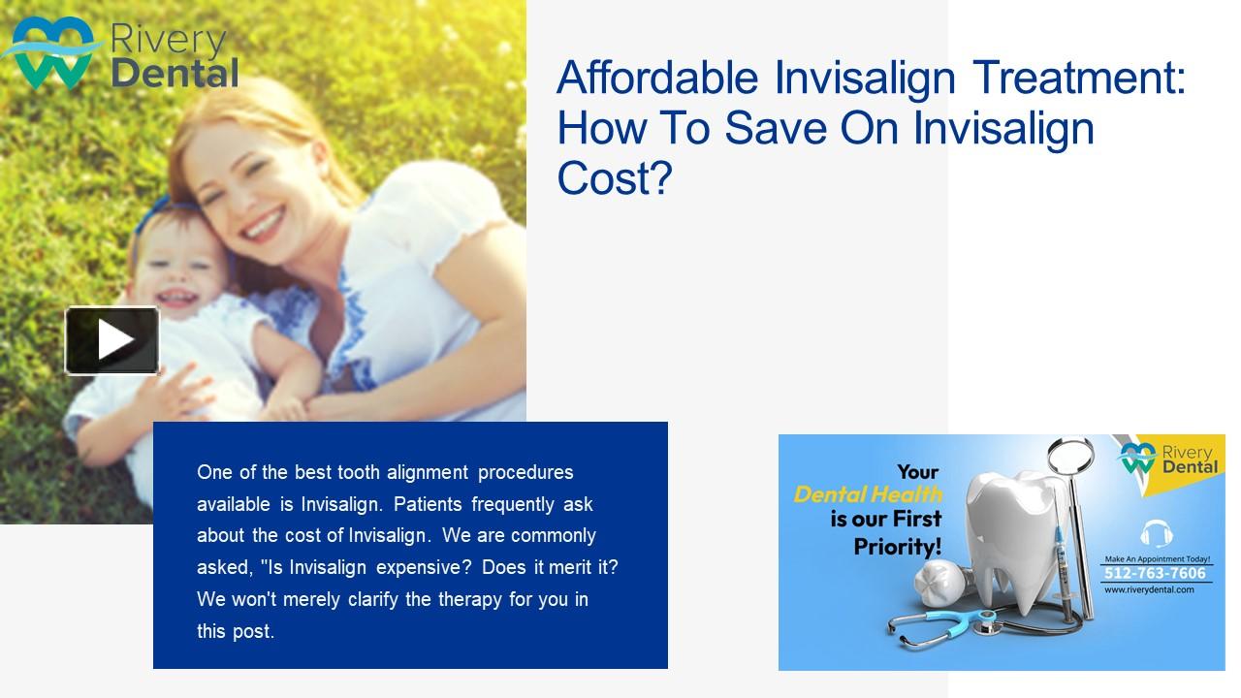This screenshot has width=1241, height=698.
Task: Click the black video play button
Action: (112, 340)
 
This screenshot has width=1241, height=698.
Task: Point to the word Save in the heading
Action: (768, 128)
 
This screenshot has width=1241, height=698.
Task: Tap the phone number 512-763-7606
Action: (1156, 573)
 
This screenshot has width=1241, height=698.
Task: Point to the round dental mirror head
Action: (1072, 455)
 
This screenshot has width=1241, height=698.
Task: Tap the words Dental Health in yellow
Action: (867, 495)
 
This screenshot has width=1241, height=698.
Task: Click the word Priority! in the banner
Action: (897, 546)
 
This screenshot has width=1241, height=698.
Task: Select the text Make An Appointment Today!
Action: (1156, 559)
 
